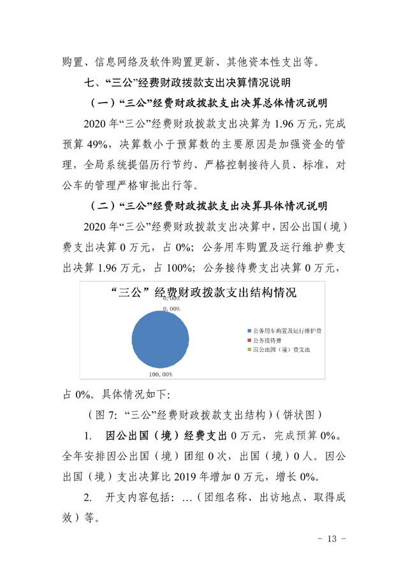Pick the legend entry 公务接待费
point(272,341)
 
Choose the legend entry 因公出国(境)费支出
point(281,351)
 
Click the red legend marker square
point(249,341)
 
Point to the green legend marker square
point(249,351)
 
